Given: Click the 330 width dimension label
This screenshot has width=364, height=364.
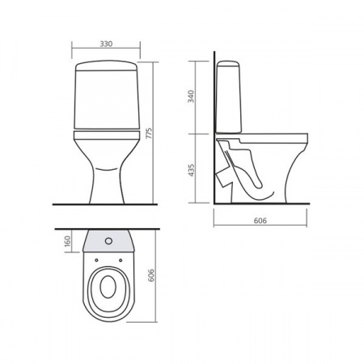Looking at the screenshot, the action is pos(106,44).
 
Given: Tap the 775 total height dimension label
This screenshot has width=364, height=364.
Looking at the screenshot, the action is pos(149,133).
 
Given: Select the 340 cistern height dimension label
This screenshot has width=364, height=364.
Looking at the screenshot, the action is pos(191,96).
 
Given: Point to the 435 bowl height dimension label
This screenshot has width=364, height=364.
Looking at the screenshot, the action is pos(191,170).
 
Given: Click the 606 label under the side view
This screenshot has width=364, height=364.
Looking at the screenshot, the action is pos(260,221).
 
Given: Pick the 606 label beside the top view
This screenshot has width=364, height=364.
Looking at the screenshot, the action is pos(151,275).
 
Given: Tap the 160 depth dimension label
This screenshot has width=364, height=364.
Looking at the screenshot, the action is pos(67,241).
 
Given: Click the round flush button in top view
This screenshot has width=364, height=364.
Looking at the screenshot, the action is pos(108,241).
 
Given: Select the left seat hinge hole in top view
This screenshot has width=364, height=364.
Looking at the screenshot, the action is pos(96,260).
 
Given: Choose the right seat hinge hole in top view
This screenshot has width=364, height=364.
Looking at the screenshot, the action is pos(121,260).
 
